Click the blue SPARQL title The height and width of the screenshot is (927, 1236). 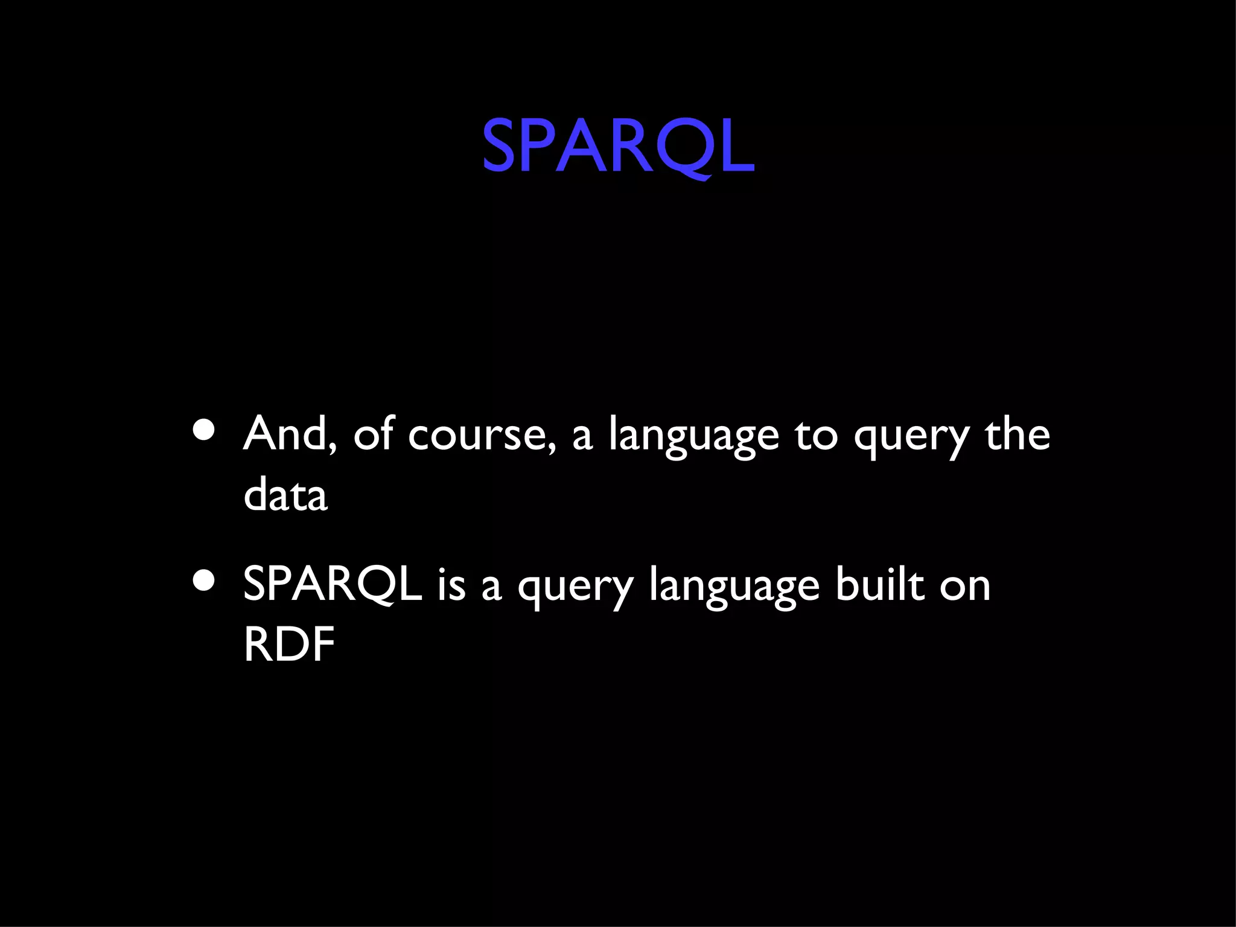point(617,145)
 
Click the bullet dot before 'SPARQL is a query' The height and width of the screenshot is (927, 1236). point(204,581)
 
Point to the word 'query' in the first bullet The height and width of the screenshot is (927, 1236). point(911,437)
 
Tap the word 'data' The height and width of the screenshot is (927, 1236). point(285,494)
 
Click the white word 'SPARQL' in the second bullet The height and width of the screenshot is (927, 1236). point(332,584)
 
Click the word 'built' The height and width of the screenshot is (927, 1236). point(880,584)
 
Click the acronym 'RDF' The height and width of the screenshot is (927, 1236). point(288,645)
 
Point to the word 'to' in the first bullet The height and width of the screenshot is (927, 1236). point(816,435)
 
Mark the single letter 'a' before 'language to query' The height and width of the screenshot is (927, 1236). point(582,437)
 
